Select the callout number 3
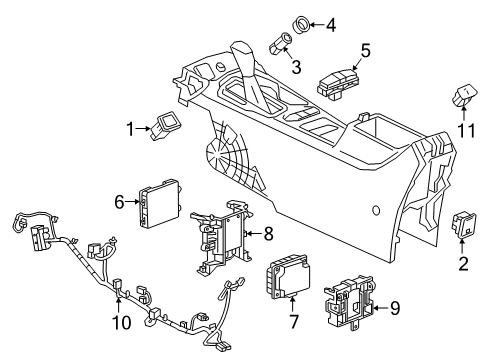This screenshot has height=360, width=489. click(x=295, y=66)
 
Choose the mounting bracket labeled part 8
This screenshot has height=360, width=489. click(x=222, y=244)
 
